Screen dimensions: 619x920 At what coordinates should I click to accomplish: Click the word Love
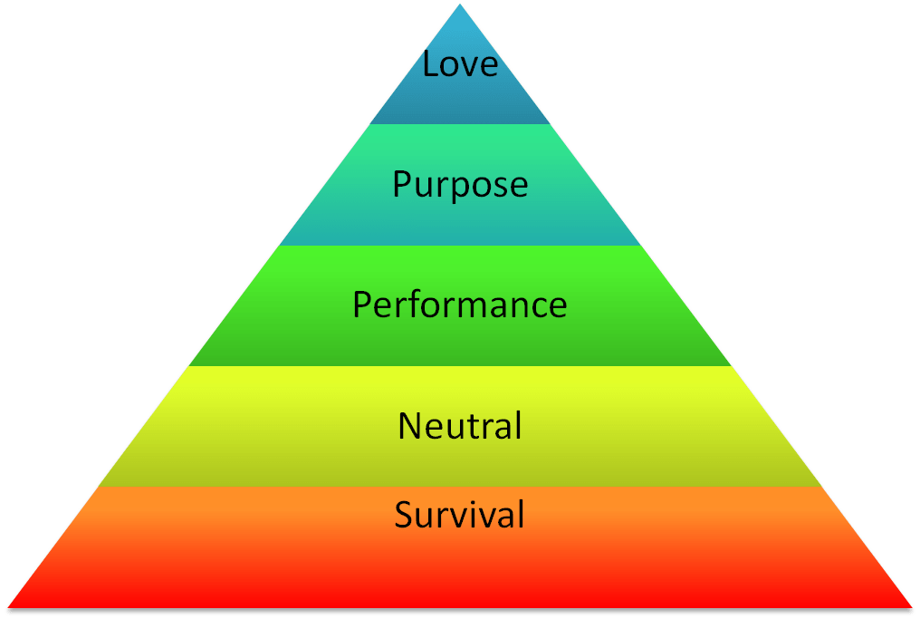point(460,64)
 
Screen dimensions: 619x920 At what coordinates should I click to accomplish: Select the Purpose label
point(460,185)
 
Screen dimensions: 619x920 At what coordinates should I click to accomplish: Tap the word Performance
point(460,305)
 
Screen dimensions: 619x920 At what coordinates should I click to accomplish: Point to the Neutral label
point(460,425)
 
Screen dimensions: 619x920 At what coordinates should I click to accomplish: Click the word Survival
point(460,515)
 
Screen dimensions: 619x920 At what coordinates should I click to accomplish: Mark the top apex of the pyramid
point(462,4)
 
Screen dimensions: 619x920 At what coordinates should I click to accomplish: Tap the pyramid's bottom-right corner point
point(915,607)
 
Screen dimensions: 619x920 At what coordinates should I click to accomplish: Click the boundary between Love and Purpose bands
point(460,124)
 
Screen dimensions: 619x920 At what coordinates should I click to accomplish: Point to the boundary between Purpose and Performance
point(460,246)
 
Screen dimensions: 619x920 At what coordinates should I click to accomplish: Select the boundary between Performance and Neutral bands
point(460,366)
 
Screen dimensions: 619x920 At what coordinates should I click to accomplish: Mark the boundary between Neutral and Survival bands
point(460,488)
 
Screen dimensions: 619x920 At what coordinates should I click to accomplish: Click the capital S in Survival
point(404,515)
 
